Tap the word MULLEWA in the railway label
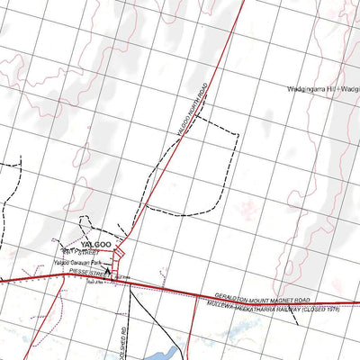(x=222, y=304)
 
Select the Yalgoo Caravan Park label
(x=74, y=262)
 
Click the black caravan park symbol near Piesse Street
(x=108, y=270)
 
